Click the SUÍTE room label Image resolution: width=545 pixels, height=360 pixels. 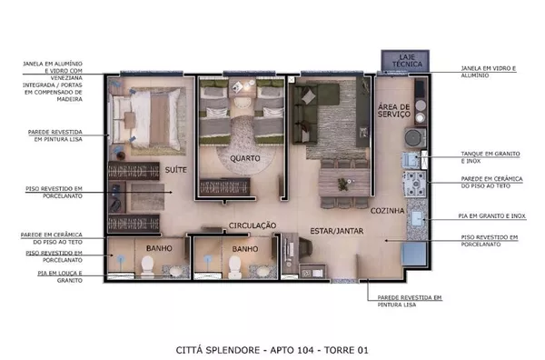(x=176, y=170)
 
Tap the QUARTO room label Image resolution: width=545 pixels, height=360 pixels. (x=245, y=158)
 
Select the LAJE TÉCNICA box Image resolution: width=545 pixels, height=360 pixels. (x=405, y=61)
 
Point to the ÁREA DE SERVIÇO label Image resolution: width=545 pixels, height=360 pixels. (x=394, y=110)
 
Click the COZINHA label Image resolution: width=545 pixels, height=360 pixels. (x=387, y=210)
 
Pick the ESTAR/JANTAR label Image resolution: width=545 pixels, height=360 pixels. (x=337, y=231)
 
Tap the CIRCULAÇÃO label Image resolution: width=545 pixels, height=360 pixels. (x=253, y=225)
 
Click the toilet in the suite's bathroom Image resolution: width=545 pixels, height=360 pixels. (x=147, y=266)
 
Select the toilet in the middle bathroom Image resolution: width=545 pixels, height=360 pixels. (x=235, y=267)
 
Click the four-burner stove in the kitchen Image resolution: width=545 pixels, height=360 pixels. (x=414, y=184)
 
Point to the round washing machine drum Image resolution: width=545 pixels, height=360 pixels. (x=415, y=138)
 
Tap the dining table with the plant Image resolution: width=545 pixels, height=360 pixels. (x=345, y=183)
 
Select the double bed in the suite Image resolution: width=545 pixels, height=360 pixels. (x=146, y=119)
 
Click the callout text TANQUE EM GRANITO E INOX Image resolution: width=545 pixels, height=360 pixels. (x=490, y=157)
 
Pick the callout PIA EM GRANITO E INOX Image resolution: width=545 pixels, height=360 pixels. (x=491, y=216)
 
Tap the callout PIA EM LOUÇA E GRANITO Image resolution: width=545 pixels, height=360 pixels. (x=60, y=277)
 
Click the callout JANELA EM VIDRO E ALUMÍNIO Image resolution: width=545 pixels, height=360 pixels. (x=489, y=72)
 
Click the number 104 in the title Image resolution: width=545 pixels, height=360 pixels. (x=308, y=350)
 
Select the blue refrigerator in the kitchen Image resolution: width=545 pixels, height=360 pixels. (x=414, y=254)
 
